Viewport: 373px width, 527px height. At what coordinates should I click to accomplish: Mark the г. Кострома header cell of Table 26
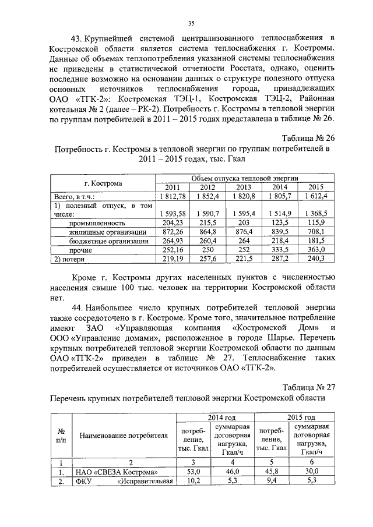click(103, 183)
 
